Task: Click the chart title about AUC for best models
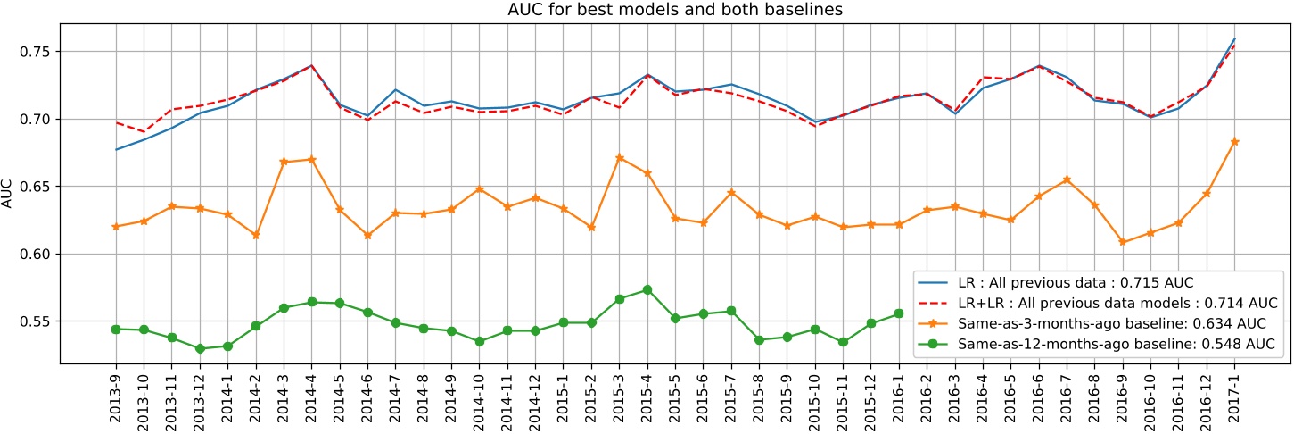click(x=647, y=10)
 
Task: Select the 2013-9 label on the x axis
click(x=116, y=394)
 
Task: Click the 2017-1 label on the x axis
click(x=1234, y=394)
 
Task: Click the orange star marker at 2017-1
click(x=1234, y=141)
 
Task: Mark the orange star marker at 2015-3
click(x=619, y=157)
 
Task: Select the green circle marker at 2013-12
click(x=200, y=348)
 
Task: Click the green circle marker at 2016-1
click(x=899, y=313)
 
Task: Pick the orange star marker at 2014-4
click(x=311, y=159)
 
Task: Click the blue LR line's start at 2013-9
click(x=116, y=149)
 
